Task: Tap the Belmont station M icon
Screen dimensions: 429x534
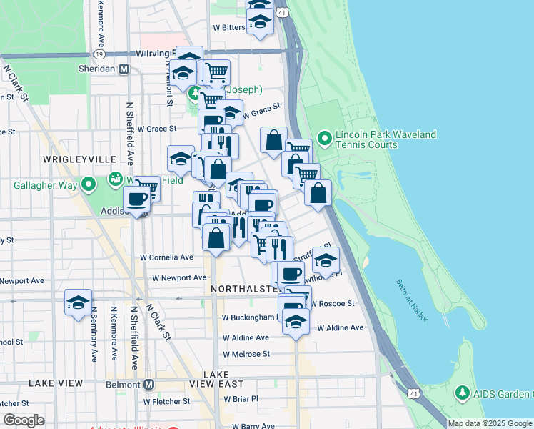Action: [149, 384]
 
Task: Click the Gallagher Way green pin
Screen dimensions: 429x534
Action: [89, 185]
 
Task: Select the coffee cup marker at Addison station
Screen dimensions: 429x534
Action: [137, 199]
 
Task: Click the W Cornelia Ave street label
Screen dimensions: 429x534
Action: [166, 257]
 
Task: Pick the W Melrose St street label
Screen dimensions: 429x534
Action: [246, 354]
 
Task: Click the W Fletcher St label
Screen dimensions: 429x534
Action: [166, 401]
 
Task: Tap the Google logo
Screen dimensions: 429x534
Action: [24, 420]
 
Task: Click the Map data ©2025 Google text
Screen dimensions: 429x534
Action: [489, 423]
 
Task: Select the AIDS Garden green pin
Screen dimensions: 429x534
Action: [462, 393]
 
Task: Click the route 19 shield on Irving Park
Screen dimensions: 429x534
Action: [99, 54]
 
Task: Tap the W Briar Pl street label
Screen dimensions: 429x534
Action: [240, 399]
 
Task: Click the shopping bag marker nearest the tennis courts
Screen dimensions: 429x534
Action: [273, 140]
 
